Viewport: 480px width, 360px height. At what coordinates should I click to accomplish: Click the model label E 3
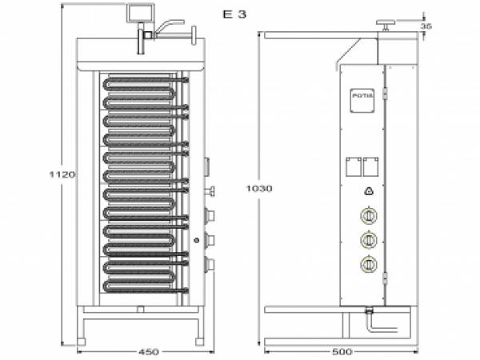[x=234, y=14]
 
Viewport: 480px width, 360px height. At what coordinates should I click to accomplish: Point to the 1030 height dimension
[x=260, y=189]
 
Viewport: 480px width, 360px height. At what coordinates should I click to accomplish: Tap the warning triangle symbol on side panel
[x=369, y=190]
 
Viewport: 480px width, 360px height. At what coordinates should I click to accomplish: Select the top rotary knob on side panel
[x=369, y=215]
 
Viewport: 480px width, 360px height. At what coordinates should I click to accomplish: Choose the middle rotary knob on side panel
[x=369, y=239]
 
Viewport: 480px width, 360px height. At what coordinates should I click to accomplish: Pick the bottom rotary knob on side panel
[x=369, y=264]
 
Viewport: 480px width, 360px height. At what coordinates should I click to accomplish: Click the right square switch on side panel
[x=370, y=166]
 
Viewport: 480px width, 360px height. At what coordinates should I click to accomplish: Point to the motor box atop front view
[x=140, y=14]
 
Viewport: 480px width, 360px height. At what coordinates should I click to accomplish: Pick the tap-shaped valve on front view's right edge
[x=211, y=190]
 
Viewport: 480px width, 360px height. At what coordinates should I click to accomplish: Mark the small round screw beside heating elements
[x=196, y=239]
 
